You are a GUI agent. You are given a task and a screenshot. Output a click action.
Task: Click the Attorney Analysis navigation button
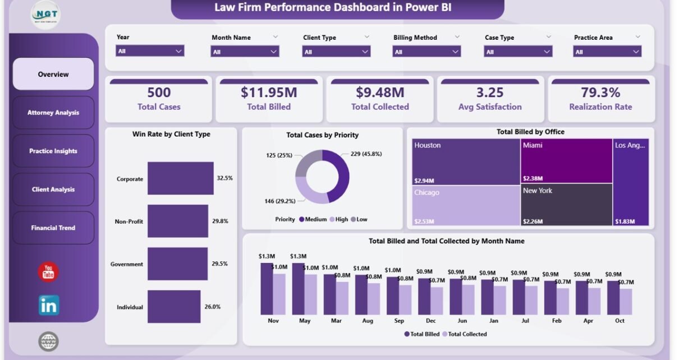(53, 113)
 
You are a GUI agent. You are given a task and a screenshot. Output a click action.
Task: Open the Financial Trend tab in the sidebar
(53, 228)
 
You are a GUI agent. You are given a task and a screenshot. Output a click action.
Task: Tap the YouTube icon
(48, 272)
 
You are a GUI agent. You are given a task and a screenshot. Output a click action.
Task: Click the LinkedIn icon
(49, 305)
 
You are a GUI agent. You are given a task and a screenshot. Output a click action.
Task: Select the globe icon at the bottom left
(49, 341)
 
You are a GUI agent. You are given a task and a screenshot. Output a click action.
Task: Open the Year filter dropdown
(150, 51)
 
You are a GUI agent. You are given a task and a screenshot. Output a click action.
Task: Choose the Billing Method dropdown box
(426, 52)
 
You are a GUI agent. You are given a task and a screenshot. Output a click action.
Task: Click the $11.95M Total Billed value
(269, 93)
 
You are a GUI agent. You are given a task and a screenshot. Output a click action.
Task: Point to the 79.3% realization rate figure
(600, 93)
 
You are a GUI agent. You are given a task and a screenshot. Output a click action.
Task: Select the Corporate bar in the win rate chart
(180, 178)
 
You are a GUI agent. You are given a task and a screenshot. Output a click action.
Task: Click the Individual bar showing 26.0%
(174, 307)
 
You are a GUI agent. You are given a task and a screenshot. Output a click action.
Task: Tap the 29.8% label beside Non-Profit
(220, 221)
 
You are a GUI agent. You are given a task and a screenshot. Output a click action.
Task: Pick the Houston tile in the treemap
(466, 161)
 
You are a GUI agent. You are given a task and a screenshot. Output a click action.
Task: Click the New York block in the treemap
(566, 205)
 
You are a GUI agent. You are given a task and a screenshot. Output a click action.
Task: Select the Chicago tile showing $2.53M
(466, 205)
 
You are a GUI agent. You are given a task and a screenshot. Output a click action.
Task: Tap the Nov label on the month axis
(273, 321)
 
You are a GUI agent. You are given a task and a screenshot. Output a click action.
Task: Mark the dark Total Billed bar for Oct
(613, 297)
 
